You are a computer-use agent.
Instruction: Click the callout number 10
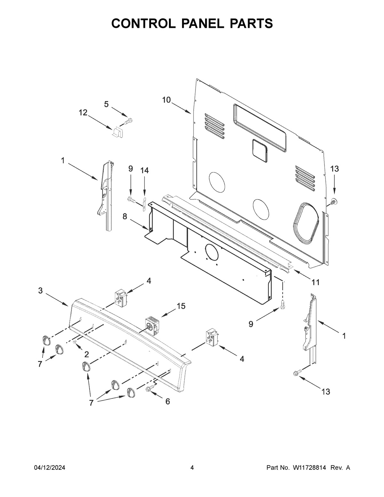click(166, 100)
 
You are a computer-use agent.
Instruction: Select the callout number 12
click(83, 112)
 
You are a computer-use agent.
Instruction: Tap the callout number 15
click(181, 306)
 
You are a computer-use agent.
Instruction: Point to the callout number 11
click(316, 282)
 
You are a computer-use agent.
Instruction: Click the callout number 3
click(40, 291)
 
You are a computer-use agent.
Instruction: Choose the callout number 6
click(167, 401)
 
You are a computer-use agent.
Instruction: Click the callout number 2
click(87, 354)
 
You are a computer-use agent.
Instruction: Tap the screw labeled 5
click(129, 121)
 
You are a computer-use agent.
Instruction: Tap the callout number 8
click(124, 217)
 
